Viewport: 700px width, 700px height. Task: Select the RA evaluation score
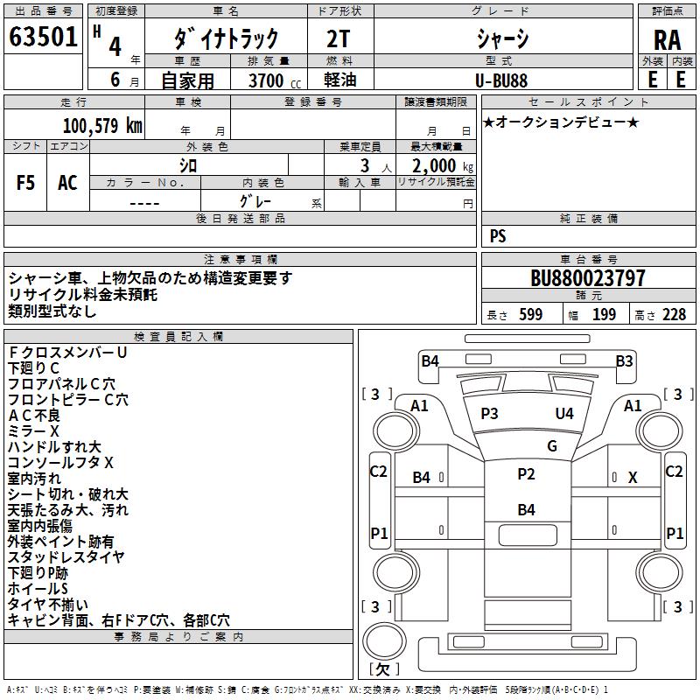pyautogui.click(x=667, y=39)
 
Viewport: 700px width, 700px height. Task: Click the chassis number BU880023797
pyautogui.click(x=588, y=279)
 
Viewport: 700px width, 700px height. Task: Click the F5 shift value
pyautogui.click(x=26, y=182)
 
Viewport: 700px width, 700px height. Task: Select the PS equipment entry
pyautogui.click(x=498, y=236)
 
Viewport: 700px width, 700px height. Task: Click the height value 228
pyautogui.click(x=673, y=315)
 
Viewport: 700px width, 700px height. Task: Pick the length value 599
pyautogui.click(x=530, y=315)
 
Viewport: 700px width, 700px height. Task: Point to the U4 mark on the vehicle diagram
pyautogui.click(x=564, y=413)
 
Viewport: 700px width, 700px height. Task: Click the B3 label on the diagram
pyautogui.click(x=624, y=360)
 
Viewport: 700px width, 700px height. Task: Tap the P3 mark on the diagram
pyautogui.click(x=489, y=413)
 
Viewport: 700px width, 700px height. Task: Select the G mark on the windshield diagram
pyautogui.click(x=552, y=445)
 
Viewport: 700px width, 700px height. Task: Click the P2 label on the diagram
pyautogui.click(x=526, y=473)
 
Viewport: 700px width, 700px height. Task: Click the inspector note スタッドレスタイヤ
pyautogui.click(x=66, y=557)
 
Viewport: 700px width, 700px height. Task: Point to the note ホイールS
pyautogui.click(x=38, y=589)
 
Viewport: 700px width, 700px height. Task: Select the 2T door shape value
pyautogui.click(x=340, y=38)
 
